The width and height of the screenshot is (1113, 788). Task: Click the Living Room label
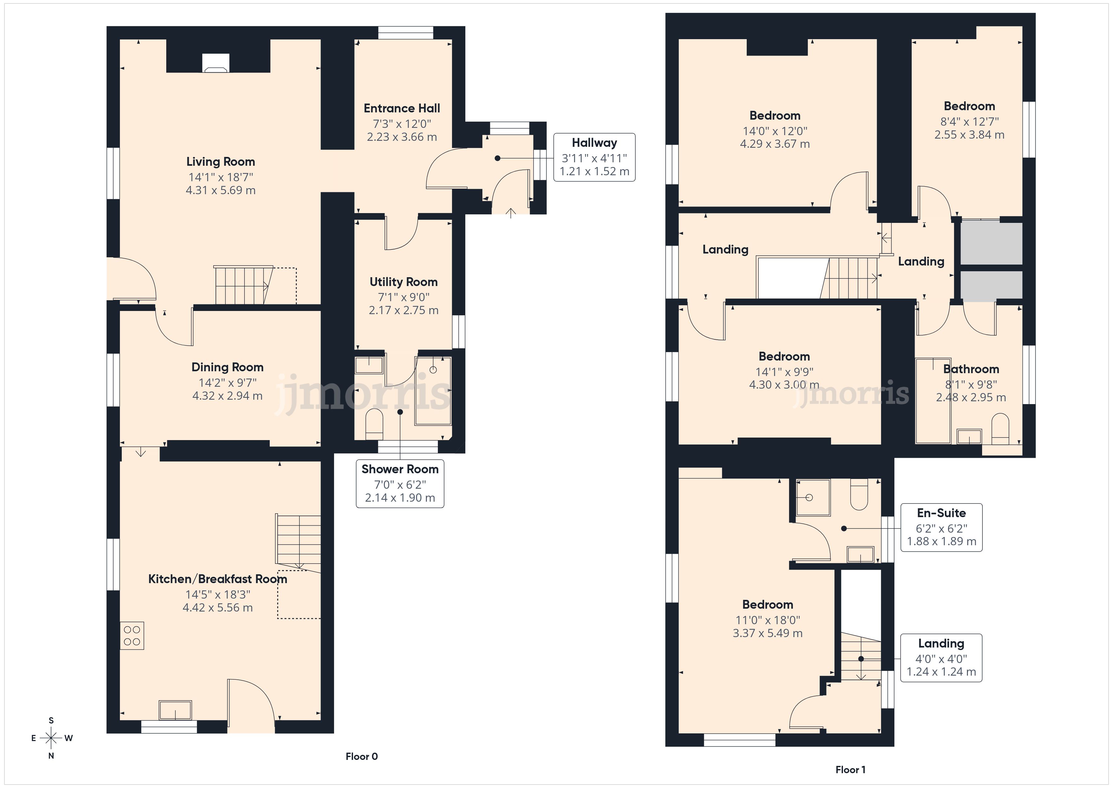click(x=221, y=162)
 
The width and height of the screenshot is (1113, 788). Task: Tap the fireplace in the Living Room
click(x=216, y=63)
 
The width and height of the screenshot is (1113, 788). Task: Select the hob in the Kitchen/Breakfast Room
click(x=132, y=636)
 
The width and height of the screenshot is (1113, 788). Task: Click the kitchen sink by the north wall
click(x=175, y=710)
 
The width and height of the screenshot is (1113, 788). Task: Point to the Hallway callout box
click(x=594, y=157)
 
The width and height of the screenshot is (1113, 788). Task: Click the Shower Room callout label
click(x=400, y=469)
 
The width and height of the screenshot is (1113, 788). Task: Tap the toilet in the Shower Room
click(x=374, y=421)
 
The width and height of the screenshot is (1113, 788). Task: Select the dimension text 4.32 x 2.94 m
click(x=227, y=396)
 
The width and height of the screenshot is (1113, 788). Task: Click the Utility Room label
click(x=404, y=282)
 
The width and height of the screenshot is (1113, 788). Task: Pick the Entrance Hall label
click(x=402, y=108)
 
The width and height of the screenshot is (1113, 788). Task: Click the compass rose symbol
click(x=51, y=738)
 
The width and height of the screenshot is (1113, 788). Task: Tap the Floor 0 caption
click(x=362, y=756)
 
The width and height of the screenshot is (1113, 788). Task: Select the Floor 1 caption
click(x=850, y=770)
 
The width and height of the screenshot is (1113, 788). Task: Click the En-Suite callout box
click(x=941, y=528)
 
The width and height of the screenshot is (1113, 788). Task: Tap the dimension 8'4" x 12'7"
click(x=969, y=122)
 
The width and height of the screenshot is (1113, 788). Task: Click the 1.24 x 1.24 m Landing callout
click(x=941, y=658)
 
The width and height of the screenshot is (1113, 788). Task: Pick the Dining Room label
click(x=227, y=367)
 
